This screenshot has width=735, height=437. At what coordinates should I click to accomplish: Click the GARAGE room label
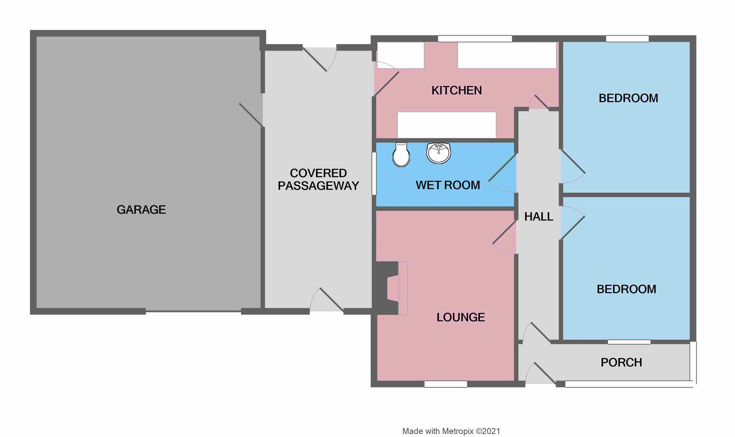point(141,210)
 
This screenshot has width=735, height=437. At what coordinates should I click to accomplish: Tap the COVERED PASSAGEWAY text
point(318,179)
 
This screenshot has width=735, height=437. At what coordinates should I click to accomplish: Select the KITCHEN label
point(456,90)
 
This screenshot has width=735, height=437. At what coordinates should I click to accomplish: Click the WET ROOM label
point(447,185)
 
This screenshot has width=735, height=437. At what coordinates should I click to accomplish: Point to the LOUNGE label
point(460,317)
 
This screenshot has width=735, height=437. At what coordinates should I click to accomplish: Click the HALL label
point(538,217)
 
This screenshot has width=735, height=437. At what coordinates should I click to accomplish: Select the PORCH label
point(621,363)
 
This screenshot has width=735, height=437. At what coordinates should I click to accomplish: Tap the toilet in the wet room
point(401,155)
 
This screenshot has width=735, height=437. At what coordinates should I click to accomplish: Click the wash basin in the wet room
point(439,153)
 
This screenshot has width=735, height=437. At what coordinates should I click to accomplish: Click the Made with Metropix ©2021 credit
point(451,431)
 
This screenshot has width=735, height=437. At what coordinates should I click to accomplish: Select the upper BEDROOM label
point(628,98)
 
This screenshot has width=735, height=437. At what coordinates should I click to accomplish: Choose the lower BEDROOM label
point(626,289)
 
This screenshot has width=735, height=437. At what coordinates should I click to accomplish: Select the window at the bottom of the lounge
point(445,384)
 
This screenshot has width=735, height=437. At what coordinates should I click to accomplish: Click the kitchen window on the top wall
point(475,39)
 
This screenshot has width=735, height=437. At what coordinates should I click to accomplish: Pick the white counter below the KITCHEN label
point(446,125)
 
